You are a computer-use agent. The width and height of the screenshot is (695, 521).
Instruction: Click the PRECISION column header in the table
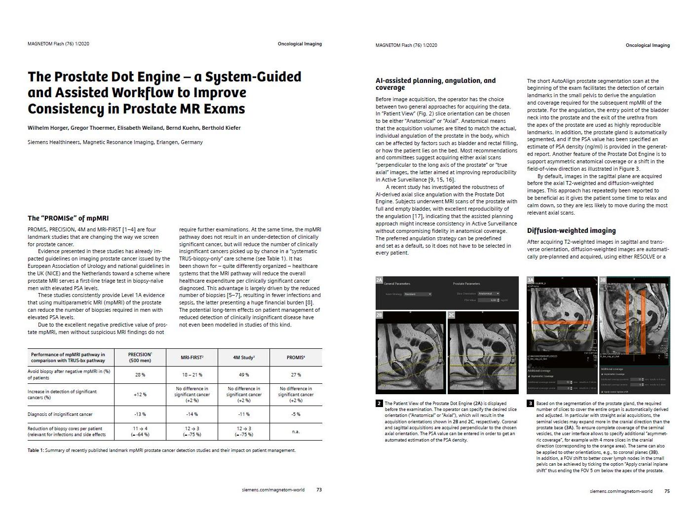(x=140, y=357)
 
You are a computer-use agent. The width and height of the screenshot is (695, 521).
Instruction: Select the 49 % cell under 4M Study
(x=244, y=374)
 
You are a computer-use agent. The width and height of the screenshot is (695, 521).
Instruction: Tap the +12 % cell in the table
(x=140, y=394)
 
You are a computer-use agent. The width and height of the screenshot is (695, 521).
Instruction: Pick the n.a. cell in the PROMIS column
(x=296, y=431)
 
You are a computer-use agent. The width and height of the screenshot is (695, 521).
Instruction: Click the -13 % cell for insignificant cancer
(x=140, y=414)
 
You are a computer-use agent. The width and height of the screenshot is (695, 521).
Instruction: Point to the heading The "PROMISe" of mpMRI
(x=68, y=218)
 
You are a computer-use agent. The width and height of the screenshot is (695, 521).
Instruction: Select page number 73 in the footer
(x=319, y=490)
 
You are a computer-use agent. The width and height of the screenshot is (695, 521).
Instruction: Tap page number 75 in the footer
(x=667, y=491)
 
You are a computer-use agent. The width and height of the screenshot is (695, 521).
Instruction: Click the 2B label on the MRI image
(x=379, y=315)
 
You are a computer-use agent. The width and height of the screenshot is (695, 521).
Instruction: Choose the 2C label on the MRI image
(x=452, y=315)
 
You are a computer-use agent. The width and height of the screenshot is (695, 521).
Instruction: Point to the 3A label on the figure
(x=531, y=280)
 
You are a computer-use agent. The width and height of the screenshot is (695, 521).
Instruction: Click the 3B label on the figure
(x=603, y=280)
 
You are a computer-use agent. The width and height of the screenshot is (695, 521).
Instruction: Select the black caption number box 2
(x=379, y=403)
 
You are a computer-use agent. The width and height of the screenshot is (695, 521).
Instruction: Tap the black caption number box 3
(x=531, y=403)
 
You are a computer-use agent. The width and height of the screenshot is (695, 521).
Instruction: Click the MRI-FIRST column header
(x=192, y=357)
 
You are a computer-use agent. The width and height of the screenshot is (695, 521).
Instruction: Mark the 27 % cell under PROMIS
(x=296, y=374)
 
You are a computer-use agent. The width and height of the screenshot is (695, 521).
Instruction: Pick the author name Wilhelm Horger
(x=48, y=128)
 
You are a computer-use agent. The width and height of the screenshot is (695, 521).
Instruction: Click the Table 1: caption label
(x=36, y=450)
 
